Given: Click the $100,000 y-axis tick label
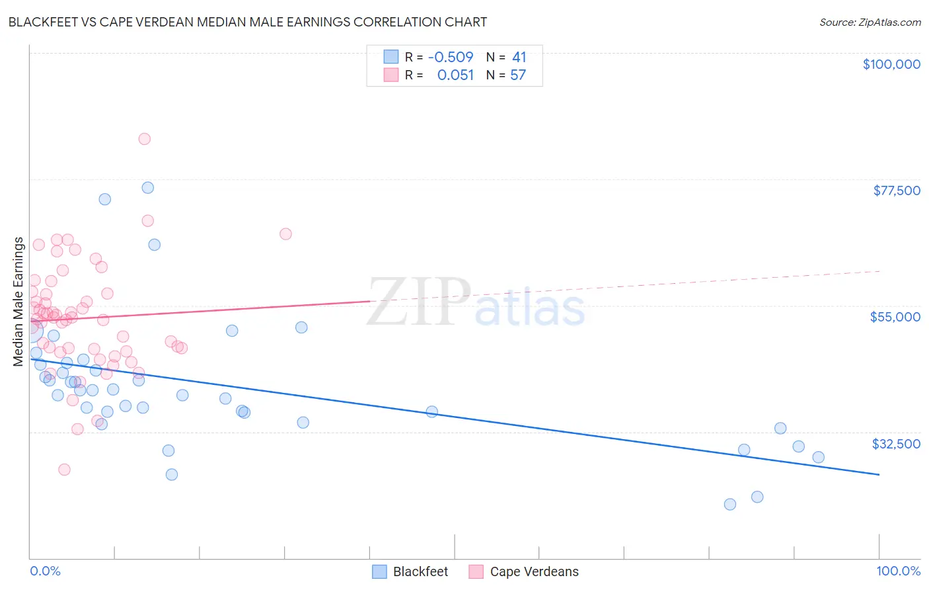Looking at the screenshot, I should [x=891, y=64].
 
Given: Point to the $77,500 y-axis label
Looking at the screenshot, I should [x=896, y=190].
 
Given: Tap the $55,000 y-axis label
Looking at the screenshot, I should [x=895, y=317].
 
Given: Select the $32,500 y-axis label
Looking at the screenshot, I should [x=895, y=444].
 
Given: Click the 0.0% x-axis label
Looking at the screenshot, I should [x=45, y=571].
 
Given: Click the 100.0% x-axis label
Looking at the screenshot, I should [x=898, y=571].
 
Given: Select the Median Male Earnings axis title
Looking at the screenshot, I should [x=19, y=302].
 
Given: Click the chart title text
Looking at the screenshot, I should [x=248, y=22].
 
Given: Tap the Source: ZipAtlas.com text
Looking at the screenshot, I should [x=870, y=22].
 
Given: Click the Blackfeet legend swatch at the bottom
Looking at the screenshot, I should [x=379, y=571].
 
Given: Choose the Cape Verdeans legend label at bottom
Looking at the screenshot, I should [x=534, y=571].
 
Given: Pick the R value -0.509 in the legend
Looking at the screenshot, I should [x=451, y=58].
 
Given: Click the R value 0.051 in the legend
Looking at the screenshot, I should [x=455, y=75].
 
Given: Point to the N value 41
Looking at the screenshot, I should [x=519, y=58].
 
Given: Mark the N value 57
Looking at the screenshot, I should [x=518, y=75].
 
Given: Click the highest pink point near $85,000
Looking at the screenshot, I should [x=144, y=139].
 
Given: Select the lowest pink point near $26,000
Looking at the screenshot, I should [x=64, y=470].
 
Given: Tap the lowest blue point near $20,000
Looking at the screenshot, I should [x=730, y=505].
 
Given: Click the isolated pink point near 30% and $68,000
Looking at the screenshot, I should [x=285, y=233].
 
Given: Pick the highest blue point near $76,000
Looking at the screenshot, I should [x=148, y=188].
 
